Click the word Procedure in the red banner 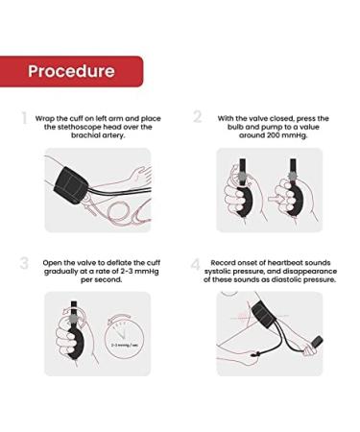[71, 71]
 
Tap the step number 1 [24, 118]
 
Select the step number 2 [198, 116]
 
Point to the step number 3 [24, 263]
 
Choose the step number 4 [196, 265]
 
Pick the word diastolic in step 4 [286, 279]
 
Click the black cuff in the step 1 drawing [71, 186]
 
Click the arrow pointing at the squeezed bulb [274, 199]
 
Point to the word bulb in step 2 [235, 127]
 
